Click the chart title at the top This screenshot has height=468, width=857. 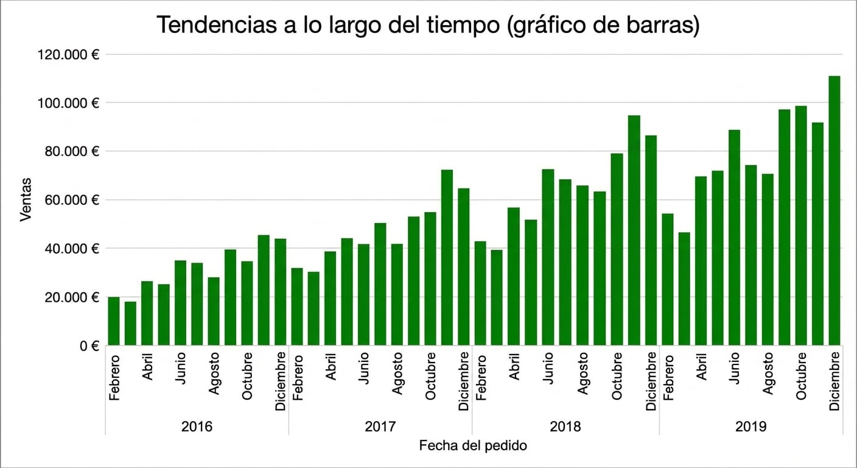pyautogui.click(x=428, y=25)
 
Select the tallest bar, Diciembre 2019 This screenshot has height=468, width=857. pyautogui.click(x=834, y=210)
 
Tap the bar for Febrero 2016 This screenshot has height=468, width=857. pyautogui.click(x=114, y=321)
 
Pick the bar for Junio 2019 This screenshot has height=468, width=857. pyautogui.click(x=734, y=238)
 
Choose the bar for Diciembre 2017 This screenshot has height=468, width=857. pyautogui.click(x=463, y=267)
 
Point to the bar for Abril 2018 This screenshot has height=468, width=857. pyautogui.click(x=513, y=276)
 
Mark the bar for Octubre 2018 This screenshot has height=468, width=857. pyautogui.click(x=617, y=249)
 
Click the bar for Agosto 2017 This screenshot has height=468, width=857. pyautogui.click(x=397, y=294)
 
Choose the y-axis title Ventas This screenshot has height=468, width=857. pyautogui.click(x=26, y=199)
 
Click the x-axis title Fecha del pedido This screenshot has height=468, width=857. pyautogui.click(x=473, y=446)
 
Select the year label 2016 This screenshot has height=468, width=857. pyautogui.click(x=197, y=427)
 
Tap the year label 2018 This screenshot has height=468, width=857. pyautogui.click(x=565, y=427)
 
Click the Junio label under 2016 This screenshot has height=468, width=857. pyautogui.click(x=180, y=368)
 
